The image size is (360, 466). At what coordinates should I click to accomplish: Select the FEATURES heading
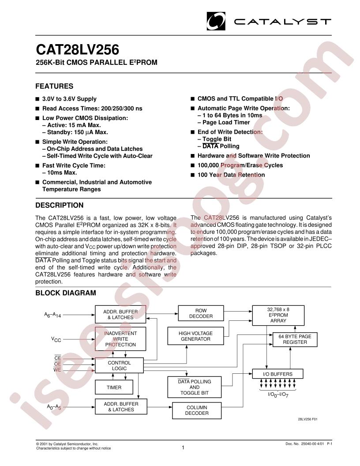(x=54, y=86)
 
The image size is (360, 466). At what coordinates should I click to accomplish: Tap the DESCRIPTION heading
(x=59, y=205)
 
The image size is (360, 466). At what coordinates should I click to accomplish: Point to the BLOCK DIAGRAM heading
(x=65, y=293)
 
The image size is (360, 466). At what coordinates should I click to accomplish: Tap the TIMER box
(x=113, y=387)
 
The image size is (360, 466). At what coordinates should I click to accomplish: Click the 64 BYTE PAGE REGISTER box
(x=295, y=339)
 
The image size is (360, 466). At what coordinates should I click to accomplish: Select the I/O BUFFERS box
(x=277, y=374)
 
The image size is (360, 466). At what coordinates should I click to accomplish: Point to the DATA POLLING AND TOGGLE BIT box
(x=194, y=387)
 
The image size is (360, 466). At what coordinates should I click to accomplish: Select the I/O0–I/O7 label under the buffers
(x=277, y=394)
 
